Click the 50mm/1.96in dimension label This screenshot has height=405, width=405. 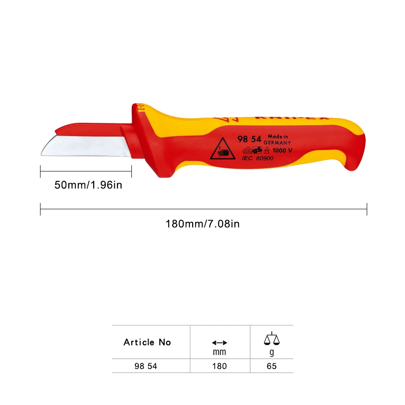pyautogui.click(x=88, y=184)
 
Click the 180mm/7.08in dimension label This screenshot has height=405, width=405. pyautogui.click(x=202, y=224)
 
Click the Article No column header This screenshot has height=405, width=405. pyautogui.click(x=147, y=342)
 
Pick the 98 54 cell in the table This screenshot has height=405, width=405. pyautogui.click(x=146, y=366)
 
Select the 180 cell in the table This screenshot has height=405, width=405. pyautogui.click(x=219, y=366)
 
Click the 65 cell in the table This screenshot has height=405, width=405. pyautogui.click(x=271, y=366)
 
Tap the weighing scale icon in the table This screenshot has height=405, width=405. pyautogui.click(x=271, y=339)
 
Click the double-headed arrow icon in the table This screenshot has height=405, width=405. pyautogui.click(x=219, y=342)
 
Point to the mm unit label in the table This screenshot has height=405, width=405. pyautogui.click(x=219, y=352)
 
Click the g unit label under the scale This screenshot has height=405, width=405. pyautogui.click(x=271, y=352)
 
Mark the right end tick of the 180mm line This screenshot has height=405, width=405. pyautogui.click(x=367, y=209)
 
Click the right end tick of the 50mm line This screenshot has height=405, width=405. pyautogui.click(x=131, y=171)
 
